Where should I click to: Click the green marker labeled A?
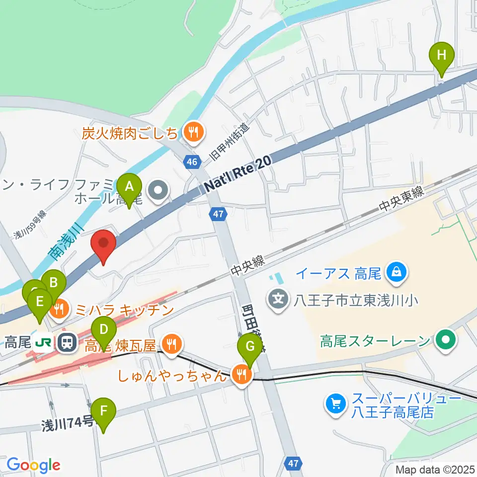point(129,188)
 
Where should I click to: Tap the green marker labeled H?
point(441,54)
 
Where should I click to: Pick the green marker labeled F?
point(103,411)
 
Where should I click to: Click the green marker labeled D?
point(103,330)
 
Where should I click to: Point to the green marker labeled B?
point(54,284)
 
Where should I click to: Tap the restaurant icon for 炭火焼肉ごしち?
point(191,132)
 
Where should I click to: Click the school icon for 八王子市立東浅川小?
point(279,300)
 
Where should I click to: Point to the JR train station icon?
point(66,341)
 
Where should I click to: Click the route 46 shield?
point(192,161)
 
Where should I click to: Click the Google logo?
point(33,465)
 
